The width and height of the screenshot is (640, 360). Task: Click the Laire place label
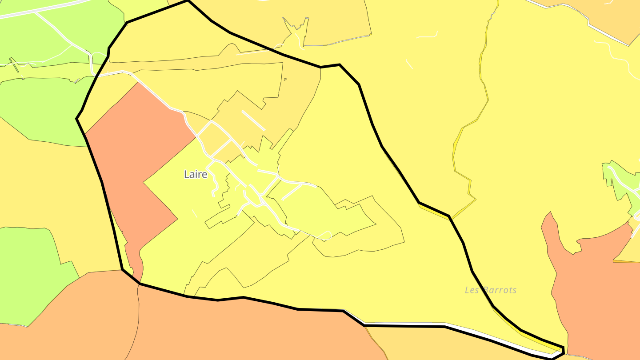(x=196, y=174)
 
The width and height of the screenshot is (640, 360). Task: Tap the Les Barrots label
(x=491, y=290)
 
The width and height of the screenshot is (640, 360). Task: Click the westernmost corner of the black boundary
(x=77, y=119)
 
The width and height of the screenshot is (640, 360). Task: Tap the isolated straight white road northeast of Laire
(x=253, y=120)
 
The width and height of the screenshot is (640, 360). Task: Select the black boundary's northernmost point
(x=188, y=1)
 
